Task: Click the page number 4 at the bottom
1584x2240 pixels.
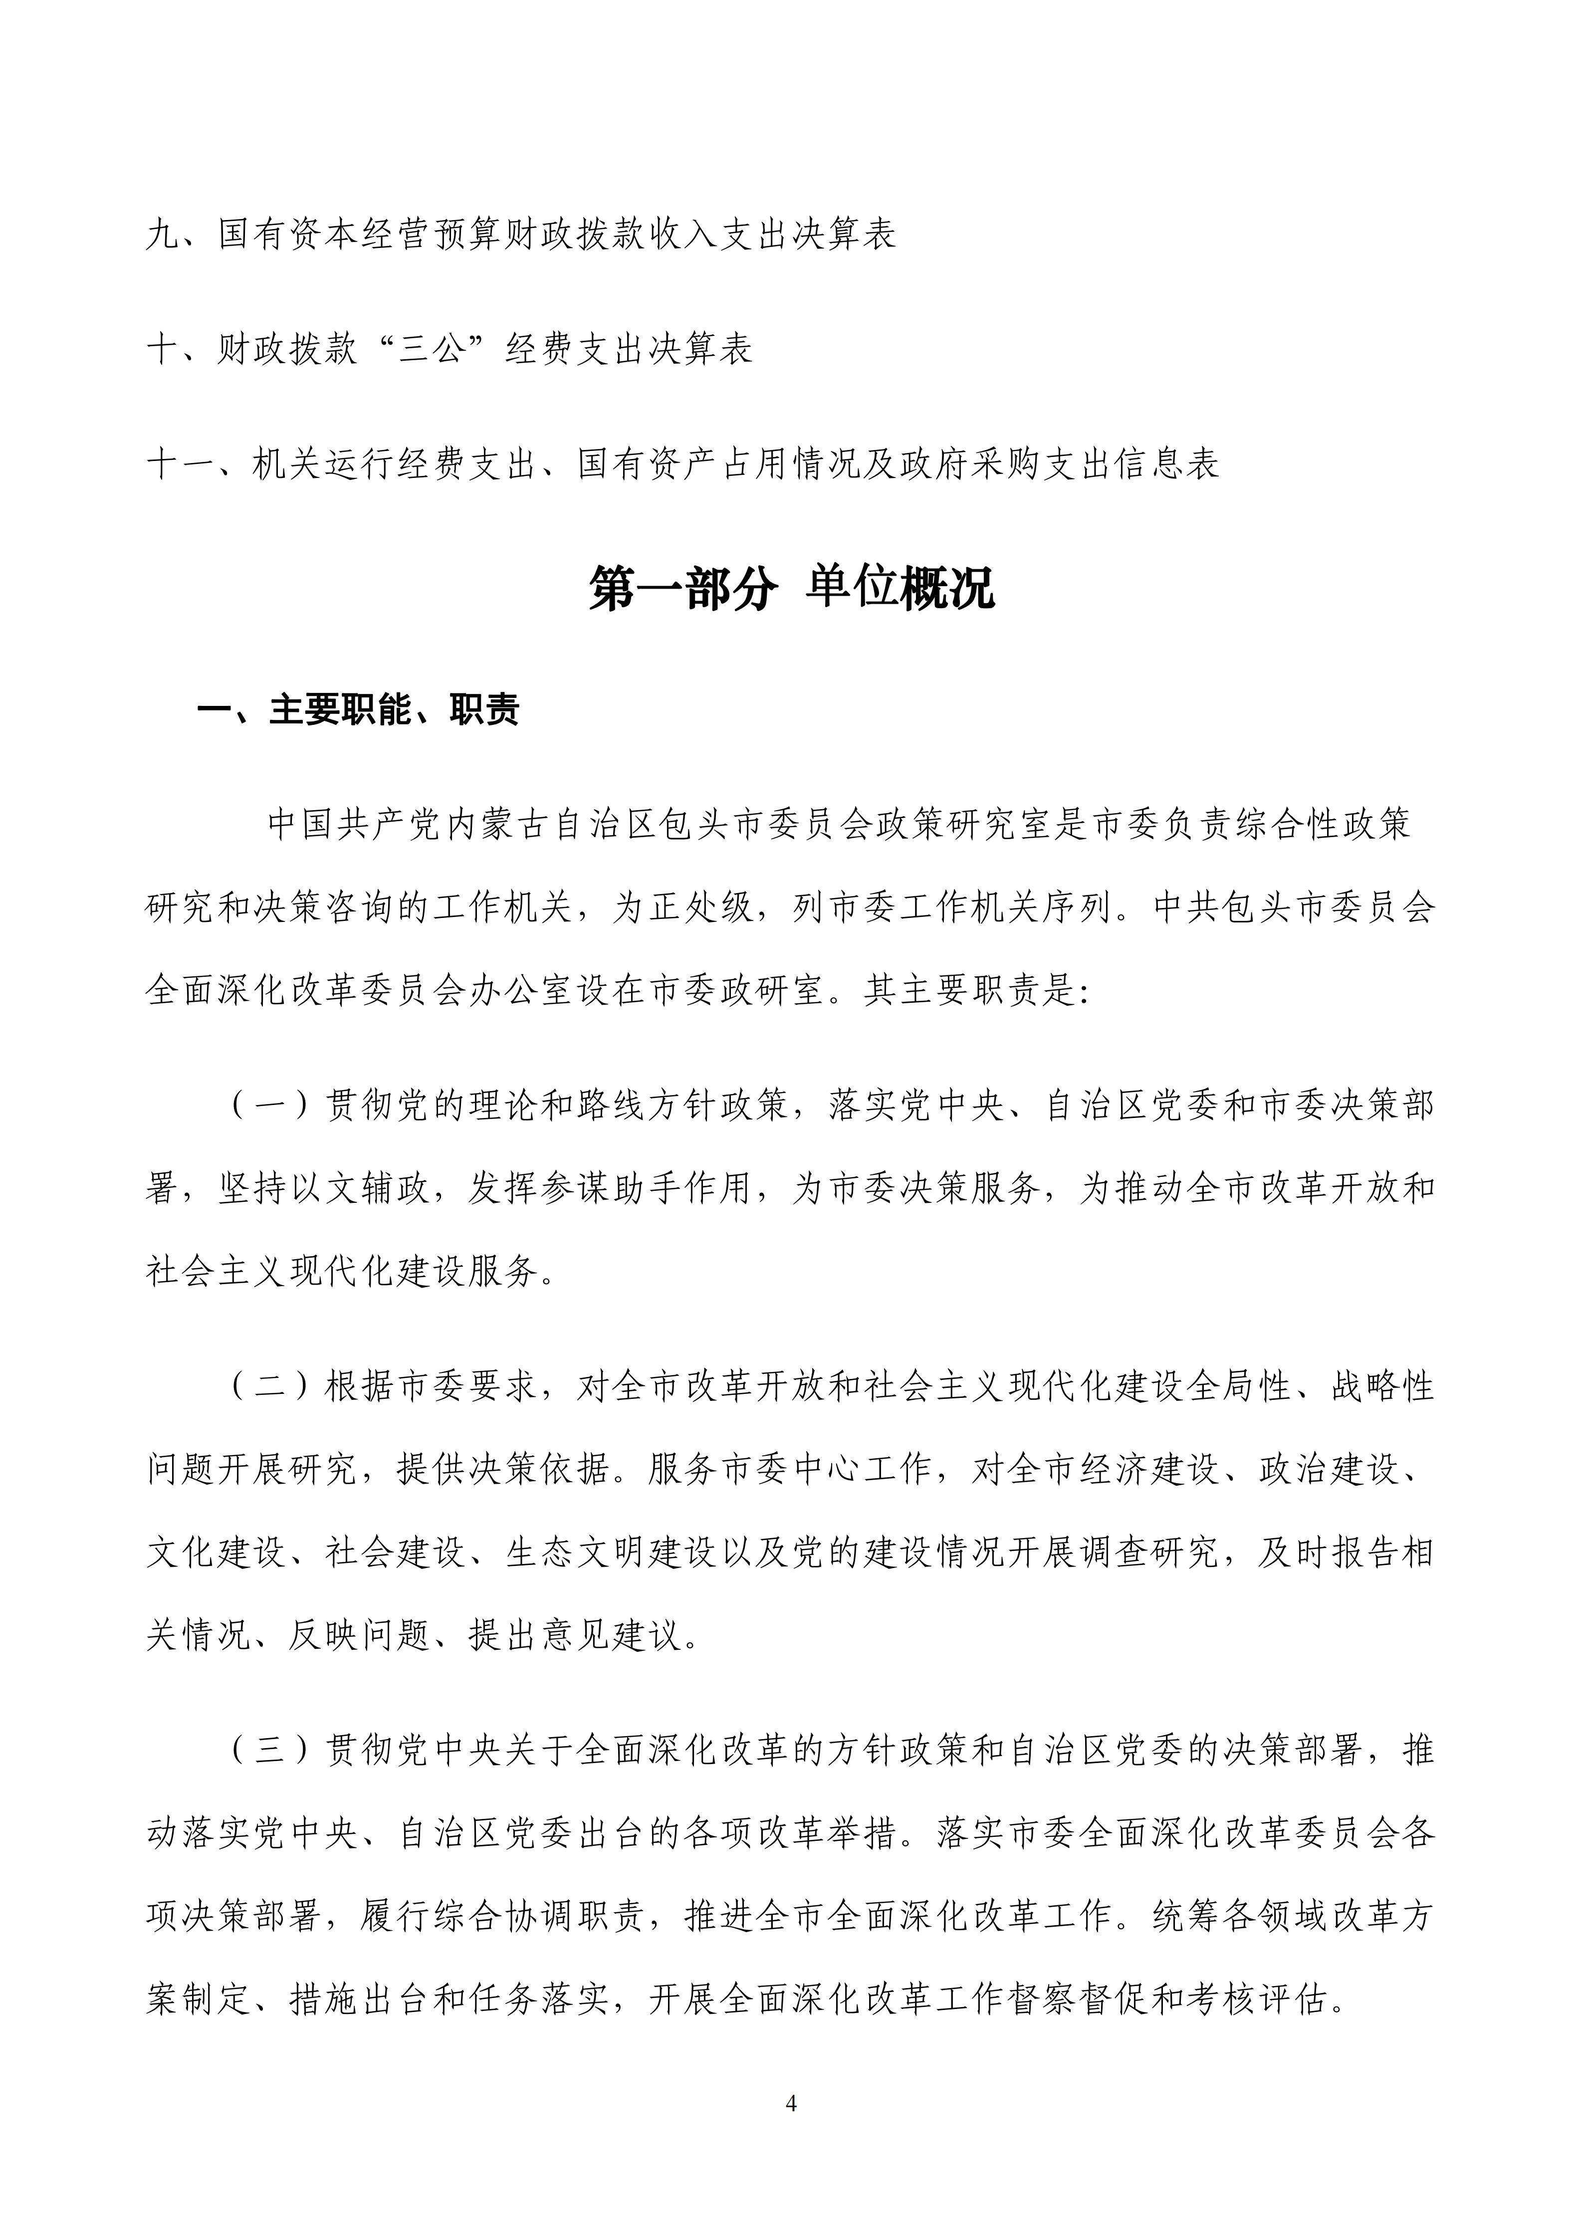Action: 791,2104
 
